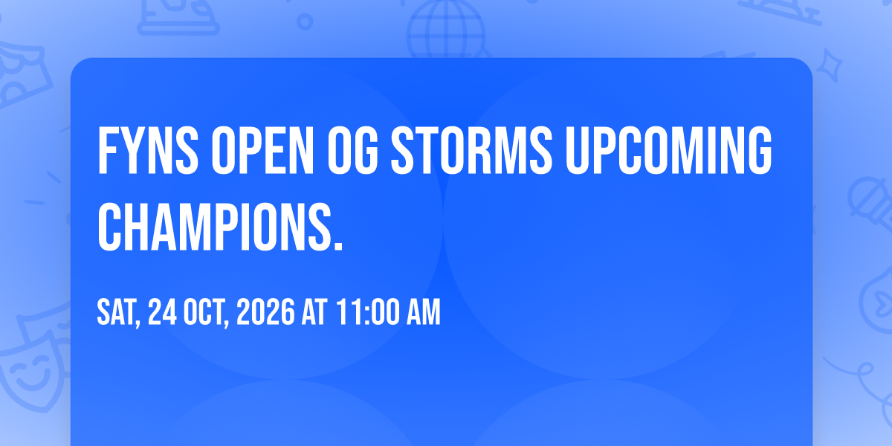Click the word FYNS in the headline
pyautogui.click(x=148, y=150)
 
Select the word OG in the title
pyautogui.click(x=352, y=150)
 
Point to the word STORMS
pyautogui.click(x=471, y=150)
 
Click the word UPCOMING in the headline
pyautogui.click(x=668, y=150)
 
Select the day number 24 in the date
pyautogui.click(x=163, y=311)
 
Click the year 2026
pyautogui.click(x=265, y=311)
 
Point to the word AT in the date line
pyautogui.click(x=314, y=311)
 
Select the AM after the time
pyautogui.click(x=423, y=311)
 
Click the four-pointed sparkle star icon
pyautogui.click(x=830, y=65)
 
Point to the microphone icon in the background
pyautogui.click(x=870, y=204)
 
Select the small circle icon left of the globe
pyautogui.click(x=305, y=22)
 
